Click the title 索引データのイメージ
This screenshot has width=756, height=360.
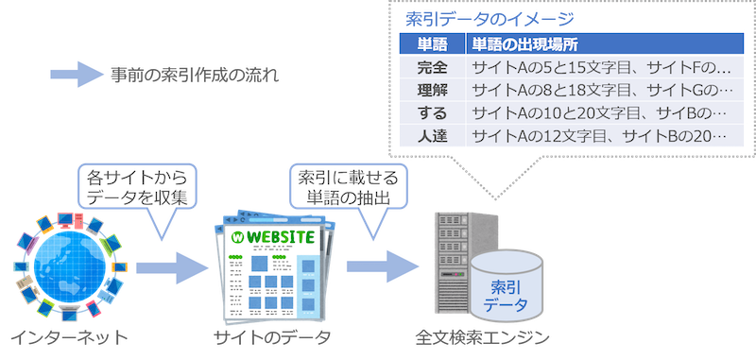(x=490, y=20)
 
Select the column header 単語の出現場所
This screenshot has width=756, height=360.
(x=524, y=44)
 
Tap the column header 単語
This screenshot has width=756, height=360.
(x=432, y=44)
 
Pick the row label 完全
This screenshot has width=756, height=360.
(x=432, y=68)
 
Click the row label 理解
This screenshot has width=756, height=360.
(x=432, y=90)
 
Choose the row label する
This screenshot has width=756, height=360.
(x=432, y=113)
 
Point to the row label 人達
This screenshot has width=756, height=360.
(x=432, y=136)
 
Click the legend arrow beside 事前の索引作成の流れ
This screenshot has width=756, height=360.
(x=77, y=75)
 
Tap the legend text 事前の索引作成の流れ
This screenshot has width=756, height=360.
(x=195, y=76)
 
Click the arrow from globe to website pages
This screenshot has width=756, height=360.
(x=172, y=268)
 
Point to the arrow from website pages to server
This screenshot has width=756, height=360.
(x=383, y=266)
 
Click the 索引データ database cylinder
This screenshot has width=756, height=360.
(x=507, y=287)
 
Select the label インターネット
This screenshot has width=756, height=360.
(x=69, y=338)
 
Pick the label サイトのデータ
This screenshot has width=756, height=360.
(x=273, y=338)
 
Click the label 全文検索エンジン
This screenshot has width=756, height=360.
(x=483, y=338)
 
